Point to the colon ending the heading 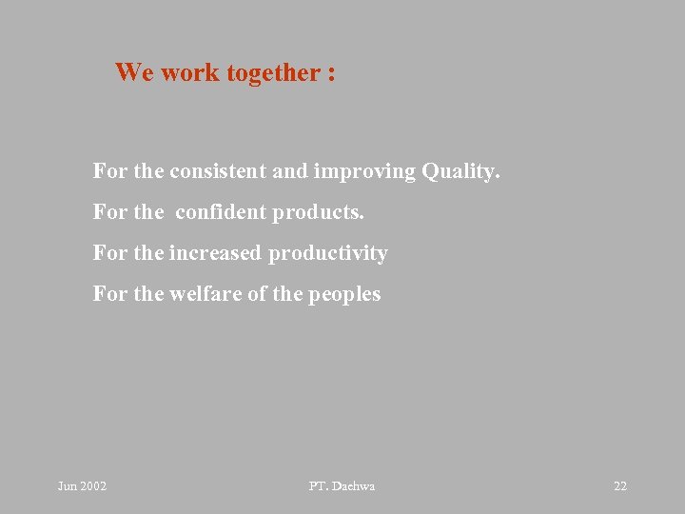coord(330,74)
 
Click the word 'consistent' coord(218,172)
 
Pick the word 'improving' coord(364,172)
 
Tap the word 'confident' coord(221,212)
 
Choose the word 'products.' coord(318,212)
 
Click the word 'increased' coord(215,253)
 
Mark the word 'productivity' coord(328,253)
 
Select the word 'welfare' coord(205,294)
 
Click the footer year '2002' coord(94,486)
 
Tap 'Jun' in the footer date coord(68,486)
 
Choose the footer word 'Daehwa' coord(354,486)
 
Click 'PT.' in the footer coord(319,486)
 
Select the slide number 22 coord(620,486)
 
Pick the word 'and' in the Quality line coord(289,172)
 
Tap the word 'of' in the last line coord(257,294)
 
